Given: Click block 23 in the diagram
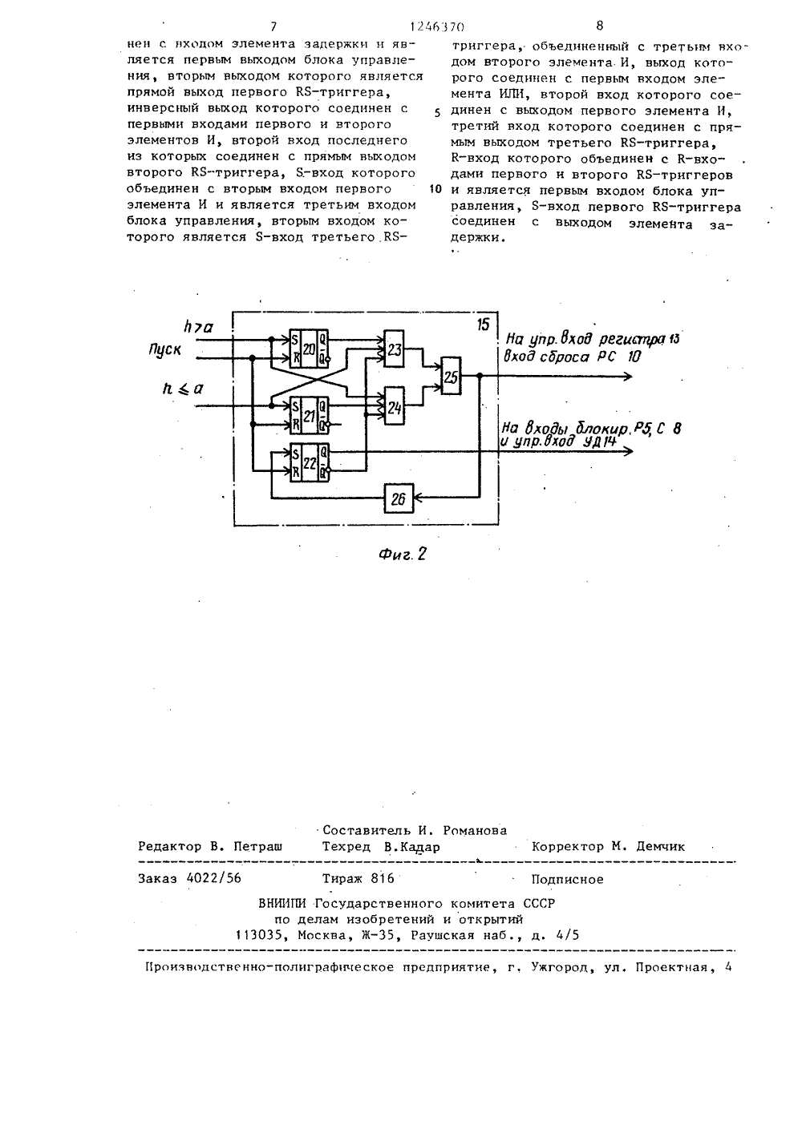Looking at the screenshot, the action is pos(394,349).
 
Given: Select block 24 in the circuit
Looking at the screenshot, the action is pos(395,405).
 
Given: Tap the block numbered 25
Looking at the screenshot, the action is pos(451,376).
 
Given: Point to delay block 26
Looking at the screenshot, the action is pos(399,498).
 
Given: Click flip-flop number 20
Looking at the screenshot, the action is pos(309,348).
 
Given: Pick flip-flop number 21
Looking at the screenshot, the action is pos(309,415).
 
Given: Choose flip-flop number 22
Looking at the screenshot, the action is pos(309,462).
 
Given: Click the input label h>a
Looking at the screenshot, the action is pos(198,327).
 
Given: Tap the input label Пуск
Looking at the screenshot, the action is pos(165,349).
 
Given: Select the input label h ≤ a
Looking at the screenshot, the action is pos(182,389).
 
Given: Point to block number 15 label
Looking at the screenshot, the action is pos(484,325).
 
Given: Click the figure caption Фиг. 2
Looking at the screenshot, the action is pos(403,554).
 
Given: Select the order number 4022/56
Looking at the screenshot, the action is pos(214,878).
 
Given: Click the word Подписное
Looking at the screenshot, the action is pos(567,879).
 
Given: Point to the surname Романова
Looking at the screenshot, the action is pos(475,830).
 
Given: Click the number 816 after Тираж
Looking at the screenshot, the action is pos(383,878).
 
